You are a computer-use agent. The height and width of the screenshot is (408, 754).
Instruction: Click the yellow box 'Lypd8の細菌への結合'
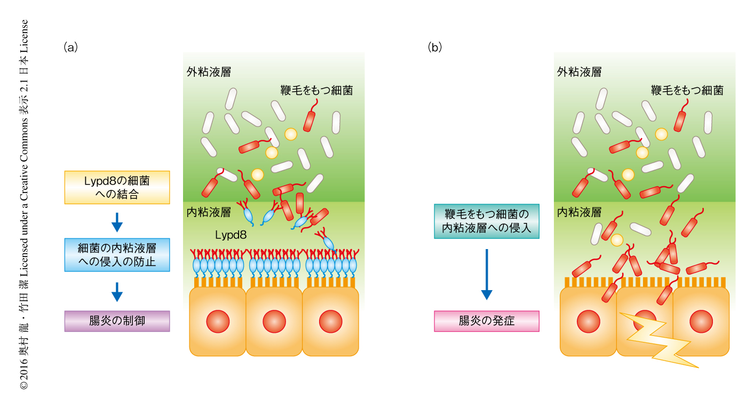pos(117,187)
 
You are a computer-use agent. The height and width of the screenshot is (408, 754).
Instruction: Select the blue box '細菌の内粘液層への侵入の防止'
pos(117,254)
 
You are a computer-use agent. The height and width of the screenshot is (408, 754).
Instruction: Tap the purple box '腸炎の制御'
pos(117,321)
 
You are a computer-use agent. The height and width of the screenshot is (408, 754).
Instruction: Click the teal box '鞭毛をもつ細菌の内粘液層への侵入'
pos(486,221)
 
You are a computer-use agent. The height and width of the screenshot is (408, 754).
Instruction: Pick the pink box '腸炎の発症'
pos(486,321)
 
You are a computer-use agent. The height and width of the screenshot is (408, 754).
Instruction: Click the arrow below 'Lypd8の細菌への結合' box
pos(117,221)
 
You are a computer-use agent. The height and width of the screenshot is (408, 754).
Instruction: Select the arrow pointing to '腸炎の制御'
pos(117,291)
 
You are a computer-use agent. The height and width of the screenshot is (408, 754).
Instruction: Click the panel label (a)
pos(70,47)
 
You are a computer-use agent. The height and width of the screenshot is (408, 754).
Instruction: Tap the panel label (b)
pos(435,47)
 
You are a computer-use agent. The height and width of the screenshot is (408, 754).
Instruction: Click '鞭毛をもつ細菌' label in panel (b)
pos(687,90)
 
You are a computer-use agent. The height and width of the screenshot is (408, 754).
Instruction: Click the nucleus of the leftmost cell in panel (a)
pos(218,322)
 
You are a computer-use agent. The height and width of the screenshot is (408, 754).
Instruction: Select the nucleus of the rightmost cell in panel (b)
pos(701,322)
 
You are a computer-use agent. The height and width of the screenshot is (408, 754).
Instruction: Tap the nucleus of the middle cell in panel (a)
pos(274,322)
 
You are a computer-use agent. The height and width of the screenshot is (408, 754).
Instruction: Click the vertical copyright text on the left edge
pos(24,204)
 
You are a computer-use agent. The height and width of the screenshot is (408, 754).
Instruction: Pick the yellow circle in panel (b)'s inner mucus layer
pos(616,239)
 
